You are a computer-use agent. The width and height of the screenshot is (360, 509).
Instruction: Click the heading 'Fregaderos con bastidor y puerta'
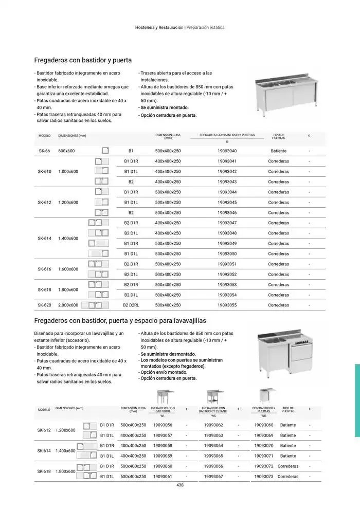click(83, 60)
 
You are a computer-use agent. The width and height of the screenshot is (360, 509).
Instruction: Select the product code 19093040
click(227, 151)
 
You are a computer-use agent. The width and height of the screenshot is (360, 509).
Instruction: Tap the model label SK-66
click(44, 151)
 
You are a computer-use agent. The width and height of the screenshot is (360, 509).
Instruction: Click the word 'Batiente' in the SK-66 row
click(278, 151)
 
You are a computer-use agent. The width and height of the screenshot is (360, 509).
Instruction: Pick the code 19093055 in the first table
click(227, 305)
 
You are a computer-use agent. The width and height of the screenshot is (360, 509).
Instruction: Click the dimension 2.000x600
click(68, 305)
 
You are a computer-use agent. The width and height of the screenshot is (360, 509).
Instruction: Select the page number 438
click(180, 485)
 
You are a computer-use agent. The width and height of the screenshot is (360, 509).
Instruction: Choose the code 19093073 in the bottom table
click(264, 477)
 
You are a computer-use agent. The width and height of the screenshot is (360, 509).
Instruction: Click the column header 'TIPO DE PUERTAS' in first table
click(278, 136)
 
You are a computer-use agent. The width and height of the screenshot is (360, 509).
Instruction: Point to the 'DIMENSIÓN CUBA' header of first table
click(168, 136)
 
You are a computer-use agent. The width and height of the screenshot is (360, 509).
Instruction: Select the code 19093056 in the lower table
click(163, 425)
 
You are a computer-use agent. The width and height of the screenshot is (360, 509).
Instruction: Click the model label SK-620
click(44, 305)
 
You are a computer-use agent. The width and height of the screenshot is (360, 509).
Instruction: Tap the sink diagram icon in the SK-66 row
click(105, 151)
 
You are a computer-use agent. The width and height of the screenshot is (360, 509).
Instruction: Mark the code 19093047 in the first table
click(227, 223)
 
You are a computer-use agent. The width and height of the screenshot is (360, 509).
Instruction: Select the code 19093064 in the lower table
click(213, 446)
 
